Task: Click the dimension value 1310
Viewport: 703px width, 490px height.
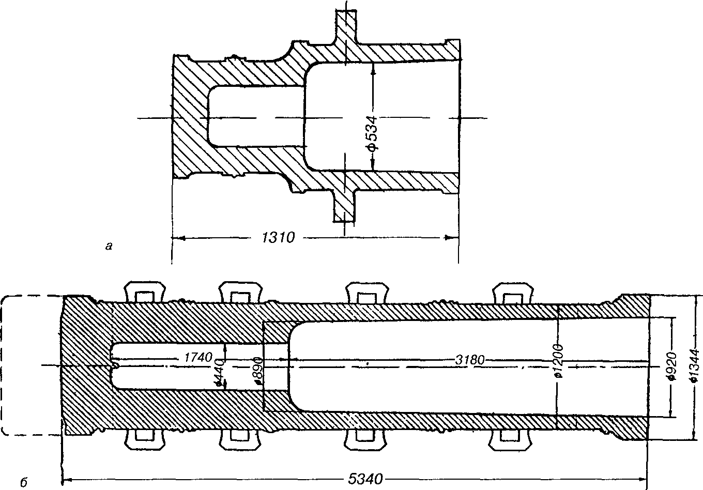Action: (279, 238)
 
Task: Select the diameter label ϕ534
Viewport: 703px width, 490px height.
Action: (373, 133)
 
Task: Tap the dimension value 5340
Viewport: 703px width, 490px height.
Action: (365, 479)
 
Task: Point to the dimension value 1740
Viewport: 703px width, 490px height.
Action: (198, 357)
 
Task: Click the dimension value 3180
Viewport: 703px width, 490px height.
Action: (470, 360)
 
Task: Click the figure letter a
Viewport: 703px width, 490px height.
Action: (109, 247)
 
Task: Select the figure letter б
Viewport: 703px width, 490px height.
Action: (24, 482)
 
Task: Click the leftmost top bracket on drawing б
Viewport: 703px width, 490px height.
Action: (145, 292)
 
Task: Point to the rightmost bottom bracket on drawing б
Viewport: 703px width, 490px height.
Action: (510, 440)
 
